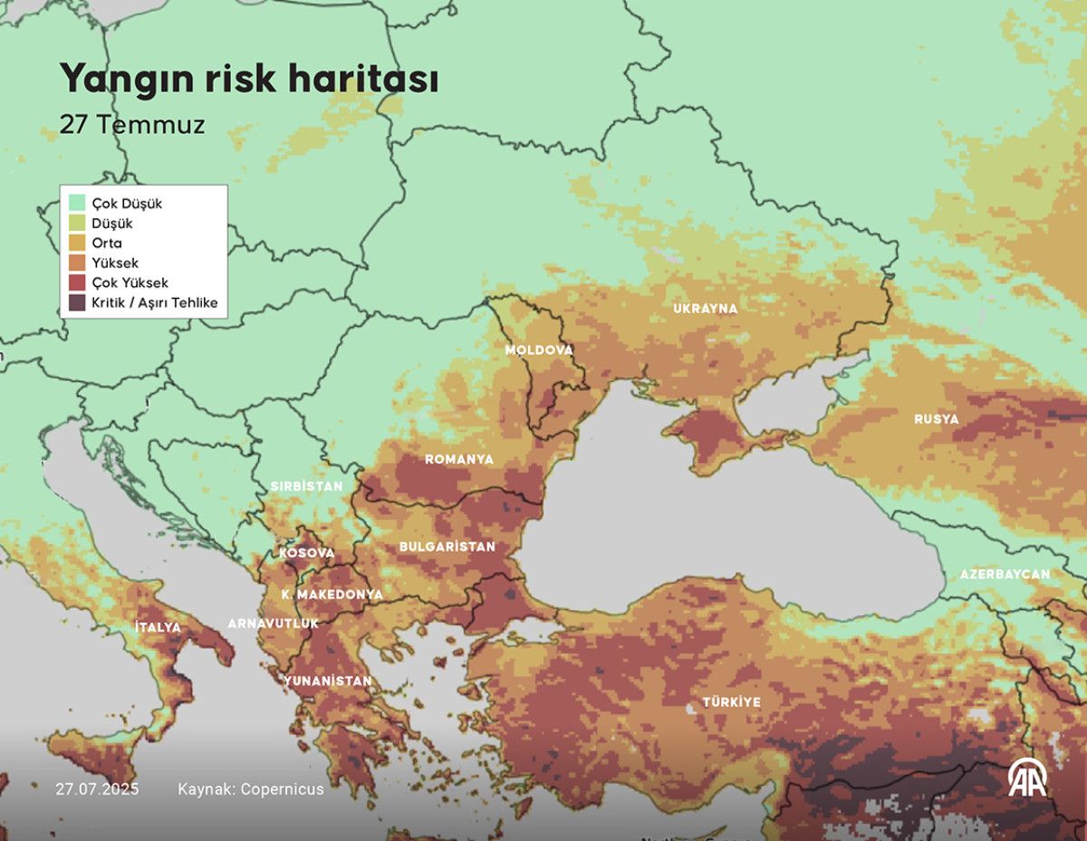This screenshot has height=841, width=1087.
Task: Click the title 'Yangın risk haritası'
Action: pyautogui.click(x=249, y=80)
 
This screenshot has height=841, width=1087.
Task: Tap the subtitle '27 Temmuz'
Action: pyautogui.click(x=132, y=125)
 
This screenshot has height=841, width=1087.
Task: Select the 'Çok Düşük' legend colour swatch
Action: pyautogui.click(x=76, y=203)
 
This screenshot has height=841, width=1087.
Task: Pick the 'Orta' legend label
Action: pyautogui.click(x=107, y=243)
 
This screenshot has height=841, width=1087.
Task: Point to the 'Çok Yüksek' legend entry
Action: pyautogui.click(x=130, y=282)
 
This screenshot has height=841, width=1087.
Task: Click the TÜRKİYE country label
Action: pyautogui.click(x=732, y=702)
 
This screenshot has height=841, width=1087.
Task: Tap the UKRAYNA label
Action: pyautogui.click(x=705, y=309)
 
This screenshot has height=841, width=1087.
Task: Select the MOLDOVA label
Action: pyautogui.click(x=539, y=349)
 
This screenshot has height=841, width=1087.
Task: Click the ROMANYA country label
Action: pyautogui.click(x=459, y=460)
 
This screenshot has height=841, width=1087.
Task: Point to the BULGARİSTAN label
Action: pyautogui.click(x=447, y=547)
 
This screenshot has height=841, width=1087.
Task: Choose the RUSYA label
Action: pyautogui.click(x=936, y=419)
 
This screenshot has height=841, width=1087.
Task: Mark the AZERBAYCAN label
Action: pyautogui.click(x=1005, y=574)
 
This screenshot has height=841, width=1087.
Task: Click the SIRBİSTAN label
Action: pyautogui.click(x=306, y=486)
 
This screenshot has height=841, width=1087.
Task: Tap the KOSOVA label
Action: pyautogui.click(x=306, y=552)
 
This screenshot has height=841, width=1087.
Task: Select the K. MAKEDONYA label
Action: pyautogui.click(x=332, y=595)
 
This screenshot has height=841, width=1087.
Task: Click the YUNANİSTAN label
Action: pyautogui.click(x=328, y=681)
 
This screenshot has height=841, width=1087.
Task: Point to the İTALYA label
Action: pyautogui.click(x=158, y=627)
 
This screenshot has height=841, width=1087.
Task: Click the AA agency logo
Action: pyautogui.click(x=1028, y=778)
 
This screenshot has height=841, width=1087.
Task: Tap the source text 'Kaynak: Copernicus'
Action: pyautogui.click(x=251, y=789)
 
